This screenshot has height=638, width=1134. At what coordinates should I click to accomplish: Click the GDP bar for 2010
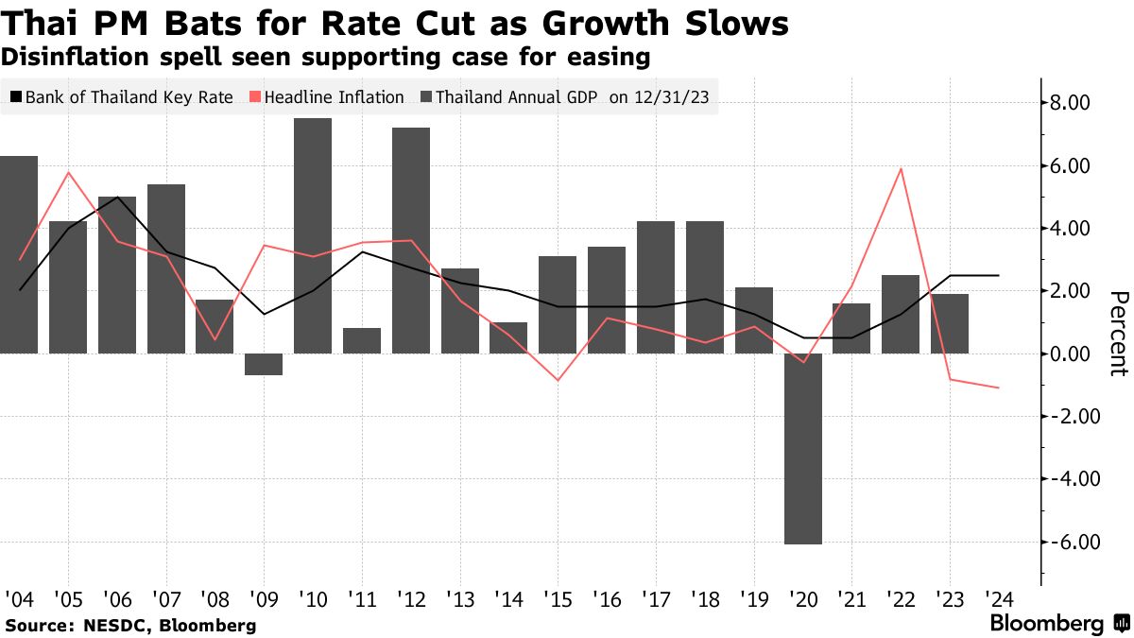pyautogui.click(x=313, y=235)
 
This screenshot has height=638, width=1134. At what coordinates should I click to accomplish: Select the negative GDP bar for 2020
pyautogui.click(x=803, y=449)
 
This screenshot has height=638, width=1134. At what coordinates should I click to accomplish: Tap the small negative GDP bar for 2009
pyautogui.click(x=264, y=364)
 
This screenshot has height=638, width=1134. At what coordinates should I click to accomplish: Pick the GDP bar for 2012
pyautogui.click(x=411, y=240)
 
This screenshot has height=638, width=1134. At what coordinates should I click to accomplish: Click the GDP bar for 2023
pyautogui.click(x=950, y=323)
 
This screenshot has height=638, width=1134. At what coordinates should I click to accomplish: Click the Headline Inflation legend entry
pyautogui.click(x=327, y=97)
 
